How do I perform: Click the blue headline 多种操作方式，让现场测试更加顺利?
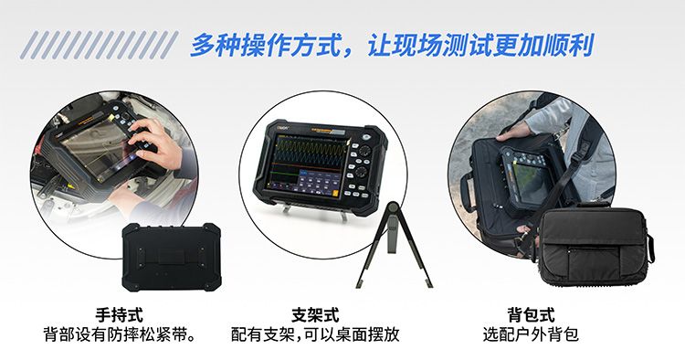392,45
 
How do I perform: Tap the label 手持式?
120,314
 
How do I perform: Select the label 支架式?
315,314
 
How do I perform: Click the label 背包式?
531,314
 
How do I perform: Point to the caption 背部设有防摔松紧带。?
120,334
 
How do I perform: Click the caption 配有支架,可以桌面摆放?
315,334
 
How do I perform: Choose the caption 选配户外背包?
531,334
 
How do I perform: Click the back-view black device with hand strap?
172,258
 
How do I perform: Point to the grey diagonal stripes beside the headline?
99,45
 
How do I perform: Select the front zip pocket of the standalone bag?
595,261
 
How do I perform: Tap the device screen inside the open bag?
531,184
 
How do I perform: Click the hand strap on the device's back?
172,257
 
